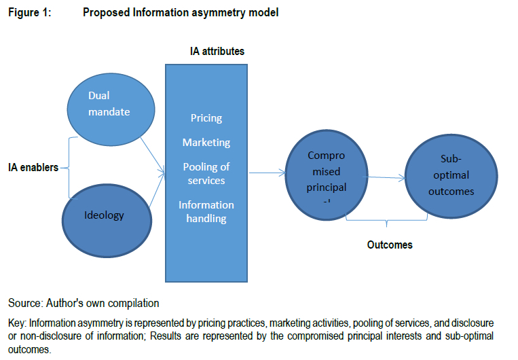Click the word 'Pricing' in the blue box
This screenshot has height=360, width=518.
click(x=206, y=118)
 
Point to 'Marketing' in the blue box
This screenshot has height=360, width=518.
click(x=206, y=143)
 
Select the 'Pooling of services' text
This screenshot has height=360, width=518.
click(x=206, y=173)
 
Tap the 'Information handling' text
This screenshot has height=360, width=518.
click(x=206, y=211)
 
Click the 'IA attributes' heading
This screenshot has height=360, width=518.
click(x=217, y=52)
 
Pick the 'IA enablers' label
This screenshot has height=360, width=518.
click(x=32, y=167)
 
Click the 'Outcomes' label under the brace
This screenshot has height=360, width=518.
click(x=389, y=245)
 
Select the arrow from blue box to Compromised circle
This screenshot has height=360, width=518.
click(x=267, y=173)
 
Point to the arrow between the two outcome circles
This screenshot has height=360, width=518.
click(x=385, y=179)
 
